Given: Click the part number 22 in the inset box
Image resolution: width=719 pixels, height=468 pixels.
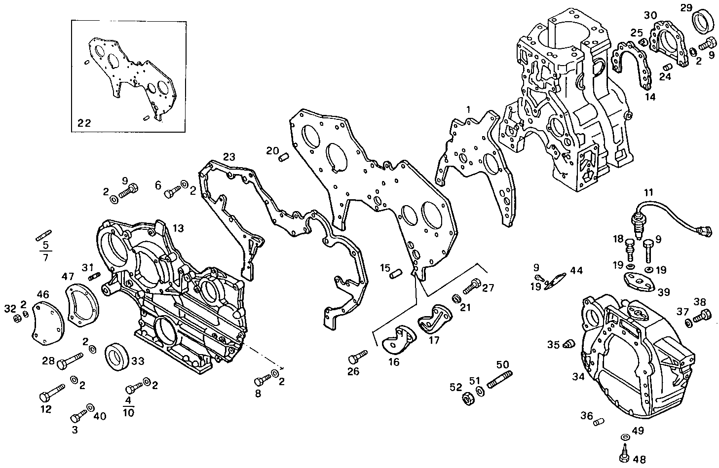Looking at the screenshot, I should [84, 123].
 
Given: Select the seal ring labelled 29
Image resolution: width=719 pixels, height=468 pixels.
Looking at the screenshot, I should [702, 23].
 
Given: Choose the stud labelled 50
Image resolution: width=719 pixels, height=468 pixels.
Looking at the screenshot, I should [499, 380].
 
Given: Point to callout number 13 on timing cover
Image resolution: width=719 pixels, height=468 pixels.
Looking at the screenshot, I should [178, 228].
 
